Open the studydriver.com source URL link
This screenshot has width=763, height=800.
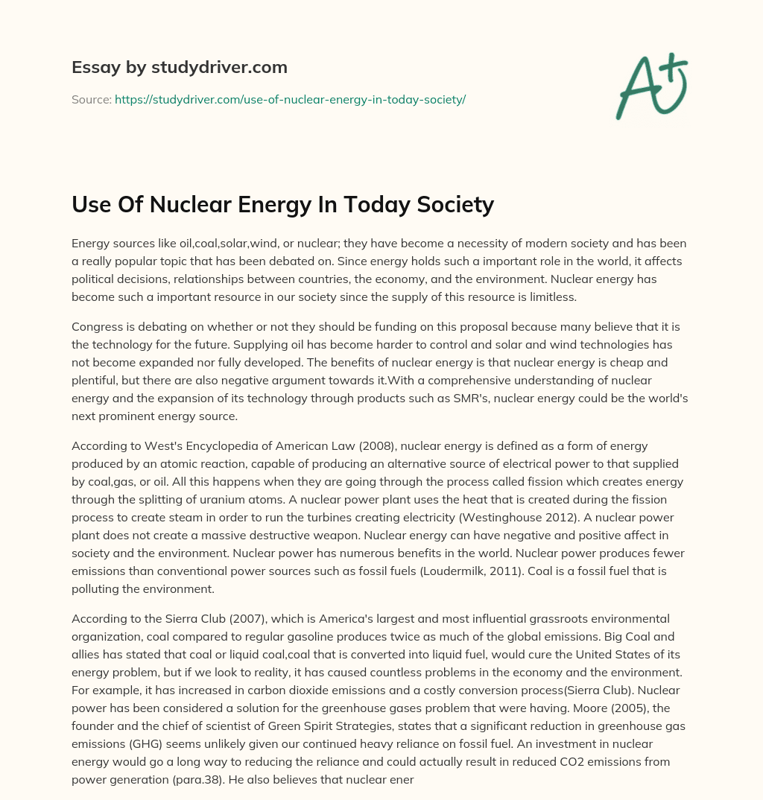pos(290,99)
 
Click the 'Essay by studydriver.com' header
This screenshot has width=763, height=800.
pos(179,67)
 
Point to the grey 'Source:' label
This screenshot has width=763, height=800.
pos(91,99)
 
